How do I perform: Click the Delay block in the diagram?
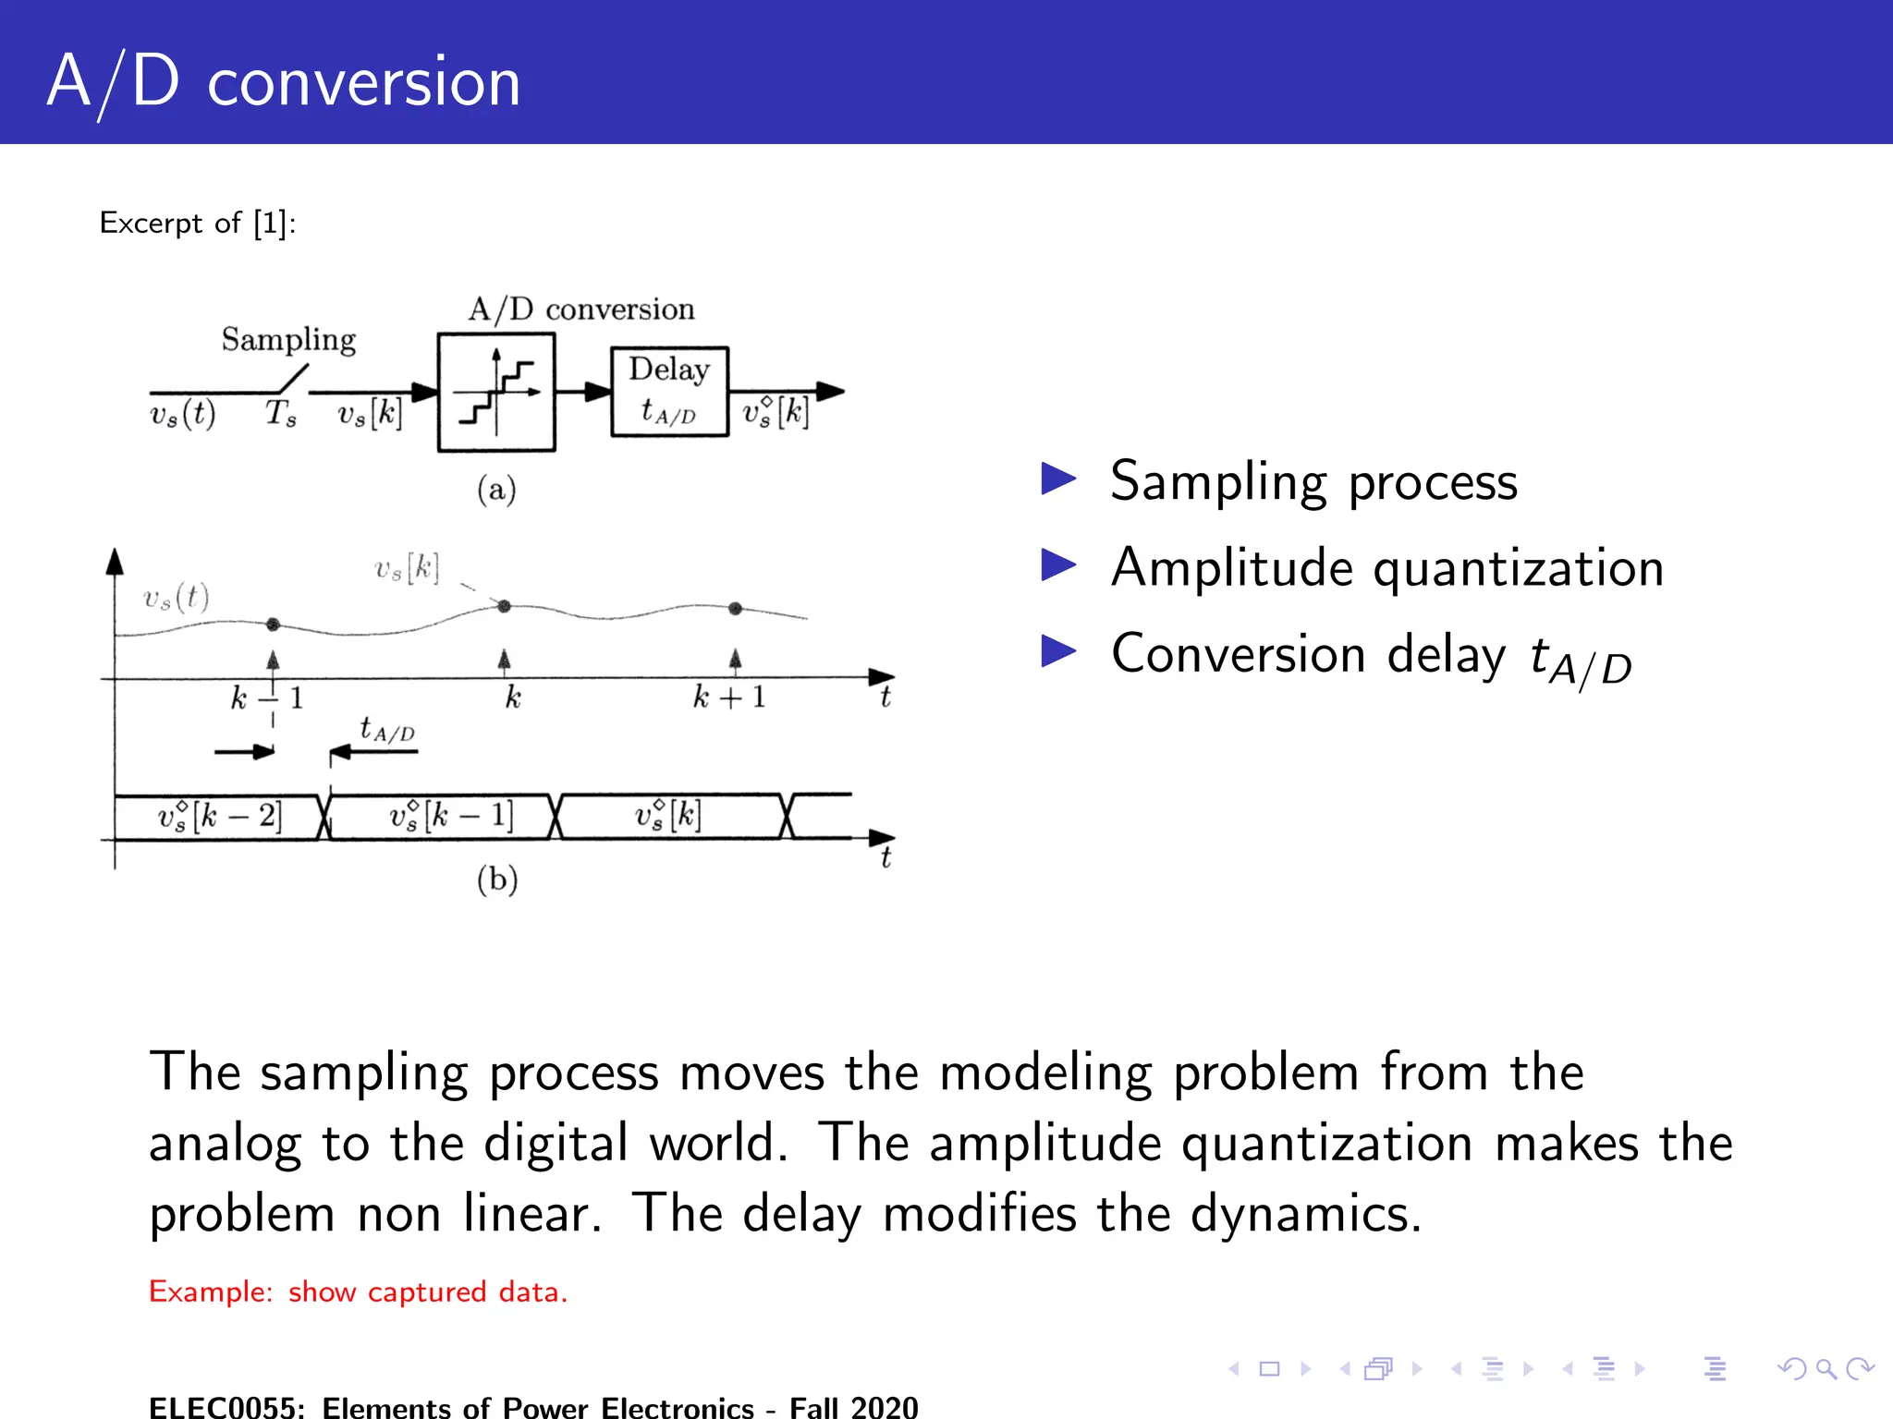click(669, 392)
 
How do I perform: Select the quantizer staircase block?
click(496, 393)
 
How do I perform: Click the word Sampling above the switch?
click(288, 340)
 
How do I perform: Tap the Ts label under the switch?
click(281, 413)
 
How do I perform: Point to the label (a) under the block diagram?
click(496, 489)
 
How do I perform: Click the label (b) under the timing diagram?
click(497, 879)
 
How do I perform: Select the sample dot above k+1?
click(735, 608)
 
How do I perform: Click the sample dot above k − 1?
click(273, 625)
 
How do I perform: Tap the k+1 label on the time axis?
click(729, 697)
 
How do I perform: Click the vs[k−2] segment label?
click(219, 816)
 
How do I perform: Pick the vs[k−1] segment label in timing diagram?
click(451, 816)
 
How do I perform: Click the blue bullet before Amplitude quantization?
click(1058, 564)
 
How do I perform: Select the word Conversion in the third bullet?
click(1238, 654)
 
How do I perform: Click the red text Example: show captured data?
click(358, 1292)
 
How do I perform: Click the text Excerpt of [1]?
click(197, 223)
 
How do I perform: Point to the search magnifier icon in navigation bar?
click(1826, 1368)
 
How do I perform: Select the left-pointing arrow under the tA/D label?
click(374, 752)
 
